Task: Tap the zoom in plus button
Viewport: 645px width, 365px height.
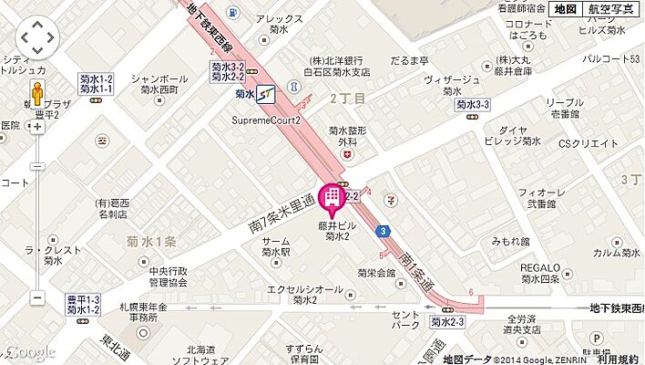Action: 37,127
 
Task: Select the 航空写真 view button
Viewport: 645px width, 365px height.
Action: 612,9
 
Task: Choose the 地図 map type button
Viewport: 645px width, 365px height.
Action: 565,9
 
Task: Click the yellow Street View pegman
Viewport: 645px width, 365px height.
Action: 37,94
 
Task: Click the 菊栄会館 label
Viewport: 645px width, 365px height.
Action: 377,273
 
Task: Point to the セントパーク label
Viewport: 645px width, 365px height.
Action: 404,318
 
